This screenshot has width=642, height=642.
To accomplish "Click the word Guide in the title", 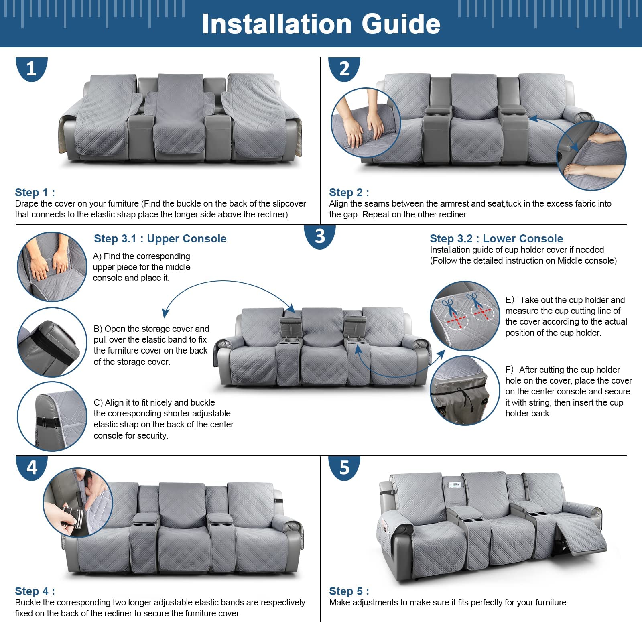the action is (401, 24).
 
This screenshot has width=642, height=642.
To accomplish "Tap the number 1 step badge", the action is (32, 69).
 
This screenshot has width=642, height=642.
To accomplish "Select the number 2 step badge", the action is (344, 69).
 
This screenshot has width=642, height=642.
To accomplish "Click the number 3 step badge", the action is (320, 237).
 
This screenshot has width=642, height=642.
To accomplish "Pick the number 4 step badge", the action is (32, 468).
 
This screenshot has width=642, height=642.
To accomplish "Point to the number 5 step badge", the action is (344, 468).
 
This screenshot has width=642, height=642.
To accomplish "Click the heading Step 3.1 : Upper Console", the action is (160, 238).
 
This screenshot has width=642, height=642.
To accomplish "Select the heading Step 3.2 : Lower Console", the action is (496, 238).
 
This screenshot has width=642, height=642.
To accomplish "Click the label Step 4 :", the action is (35, 591).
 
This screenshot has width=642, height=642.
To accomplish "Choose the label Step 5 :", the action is (349, 591).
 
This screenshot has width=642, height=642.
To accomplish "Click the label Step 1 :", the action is (35, 192).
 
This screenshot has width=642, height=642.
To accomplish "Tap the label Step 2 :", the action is (349, 192).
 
